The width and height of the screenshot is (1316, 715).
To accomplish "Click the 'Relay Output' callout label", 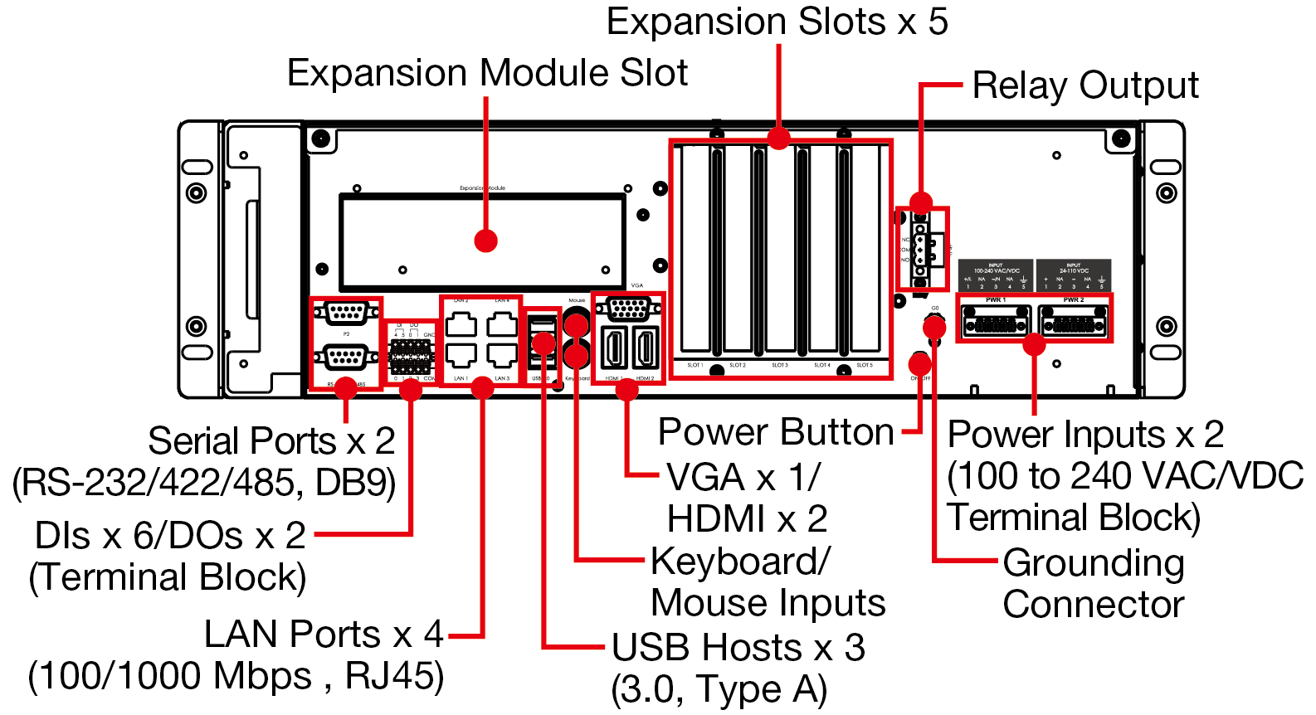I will (1084, 85).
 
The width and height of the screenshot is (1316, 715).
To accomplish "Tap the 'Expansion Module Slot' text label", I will (487, 73).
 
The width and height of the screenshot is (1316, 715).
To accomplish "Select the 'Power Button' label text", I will (776, 432).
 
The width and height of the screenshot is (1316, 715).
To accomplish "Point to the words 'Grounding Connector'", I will (1093, 583).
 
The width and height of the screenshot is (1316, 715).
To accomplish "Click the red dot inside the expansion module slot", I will (485, 241).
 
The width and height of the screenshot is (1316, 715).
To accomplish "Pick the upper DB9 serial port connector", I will (347, 313).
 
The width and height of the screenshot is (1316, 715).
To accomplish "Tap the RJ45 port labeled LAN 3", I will (502, 355).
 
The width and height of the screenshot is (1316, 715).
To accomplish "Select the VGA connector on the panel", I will (629, 309).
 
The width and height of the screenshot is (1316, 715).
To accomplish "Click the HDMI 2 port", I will (646, 348).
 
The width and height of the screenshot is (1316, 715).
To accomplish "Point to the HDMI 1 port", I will (613, 348).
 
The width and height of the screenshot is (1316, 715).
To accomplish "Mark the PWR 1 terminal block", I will (995, 321).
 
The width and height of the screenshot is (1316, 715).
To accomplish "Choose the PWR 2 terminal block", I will (1073, 321).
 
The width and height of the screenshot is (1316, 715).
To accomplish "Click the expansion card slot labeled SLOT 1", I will (695, 249).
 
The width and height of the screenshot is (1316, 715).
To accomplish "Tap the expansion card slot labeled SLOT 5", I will (865, 249).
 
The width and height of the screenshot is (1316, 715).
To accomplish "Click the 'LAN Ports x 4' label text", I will (324, 635).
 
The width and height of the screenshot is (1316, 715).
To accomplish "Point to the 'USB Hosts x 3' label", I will (738, 648).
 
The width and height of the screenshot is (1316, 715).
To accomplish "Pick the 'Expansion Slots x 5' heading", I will (777, 22).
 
